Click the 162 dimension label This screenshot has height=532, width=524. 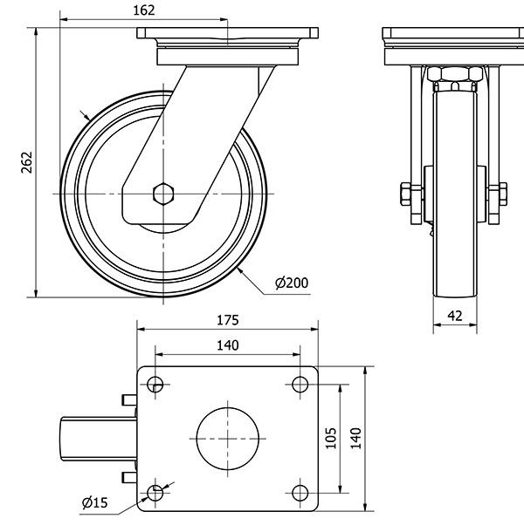(146, 10)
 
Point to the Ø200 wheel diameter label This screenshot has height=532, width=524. (291, 283)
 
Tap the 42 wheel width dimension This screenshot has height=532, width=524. (454, 317)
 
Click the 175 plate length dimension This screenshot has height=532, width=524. (227, 320)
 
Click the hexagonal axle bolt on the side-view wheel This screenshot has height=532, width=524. (162, 193)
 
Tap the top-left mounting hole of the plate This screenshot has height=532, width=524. (156, 384)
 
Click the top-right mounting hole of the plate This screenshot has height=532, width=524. (300, 384)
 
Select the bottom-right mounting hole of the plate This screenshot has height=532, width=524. (300, 493)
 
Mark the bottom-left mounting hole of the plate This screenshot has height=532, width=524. (156, 493)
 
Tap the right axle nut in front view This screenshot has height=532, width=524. (501, 193)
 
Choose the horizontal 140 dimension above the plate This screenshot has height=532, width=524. (227, 345)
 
